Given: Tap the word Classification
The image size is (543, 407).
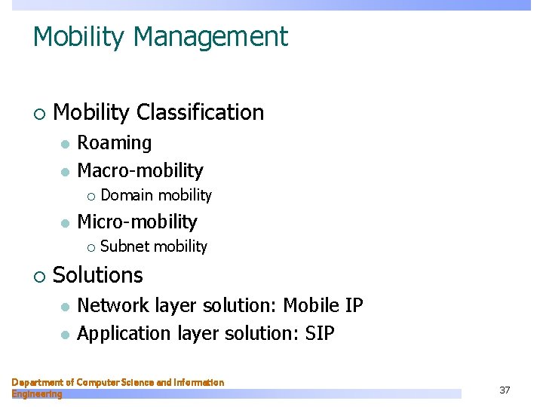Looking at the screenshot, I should click(200, 112).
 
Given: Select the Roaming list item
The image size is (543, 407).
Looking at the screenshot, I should click(114, 142).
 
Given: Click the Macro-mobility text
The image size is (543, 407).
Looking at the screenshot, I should click(140, 170).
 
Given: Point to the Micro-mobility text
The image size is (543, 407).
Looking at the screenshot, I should click(137, 222).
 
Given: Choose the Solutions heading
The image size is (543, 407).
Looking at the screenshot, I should click(98, 275).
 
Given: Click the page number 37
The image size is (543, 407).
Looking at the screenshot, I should click(505, 390).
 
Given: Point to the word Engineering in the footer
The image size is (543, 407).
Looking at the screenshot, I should click(37, 394).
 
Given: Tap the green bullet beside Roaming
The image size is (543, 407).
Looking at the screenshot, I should click(66, 143).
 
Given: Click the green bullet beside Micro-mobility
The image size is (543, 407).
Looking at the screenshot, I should click(66, 222).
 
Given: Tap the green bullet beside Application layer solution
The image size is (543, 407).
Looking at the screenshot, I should click(66, 333).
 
